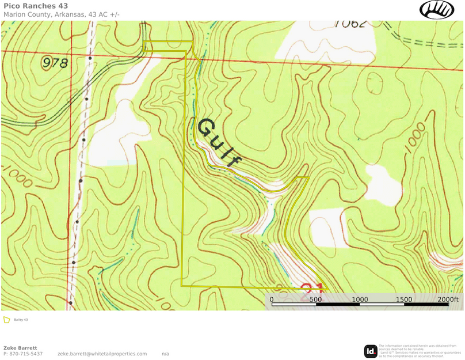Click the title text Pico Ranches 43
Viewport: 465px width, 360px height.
coord(35,6)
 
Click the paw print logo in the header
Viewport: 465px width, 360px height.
coord(437,9)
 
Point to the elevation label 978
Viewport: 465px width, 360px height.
coord(55,63)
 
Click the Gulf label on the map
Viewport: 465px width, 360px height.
coord(219,143)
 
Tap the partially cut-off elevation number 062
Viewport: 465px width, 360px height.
coord(350,24)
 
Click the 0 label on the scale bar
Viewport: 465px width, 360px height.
coord(272,300)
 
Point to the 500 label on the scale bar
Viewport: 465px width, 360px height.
coord(315,300)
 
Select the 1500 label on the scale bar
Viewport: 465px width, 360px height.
coord(404,300)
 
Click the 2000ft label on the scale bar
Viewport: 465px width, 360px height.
coord(447,300)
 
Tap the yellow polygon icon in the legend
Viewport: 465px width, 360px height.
coord(7,320)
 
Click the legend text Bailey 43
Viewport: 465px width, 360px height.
coord(21,320)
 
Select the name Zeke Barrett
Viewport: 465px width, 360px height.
coord(20,348)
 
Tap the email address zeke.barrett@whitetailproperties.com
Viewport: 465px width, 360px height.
coord(102,354)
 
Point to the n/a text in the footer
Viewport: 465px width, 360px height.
coord(165,354)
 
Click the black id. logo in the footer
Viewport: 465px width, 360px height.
coord(371,351)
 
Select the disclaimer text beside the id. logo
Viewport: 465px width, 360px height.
coord(420,351)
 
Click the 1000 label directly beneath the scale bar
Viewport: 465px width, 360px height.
coord(360,300)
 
